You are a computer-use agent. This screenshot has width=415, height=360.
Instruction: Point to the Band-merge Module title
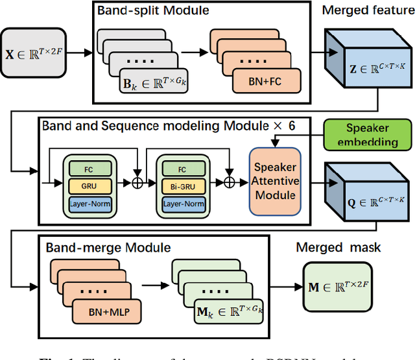pyautogui.click(x=108, y=247)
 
